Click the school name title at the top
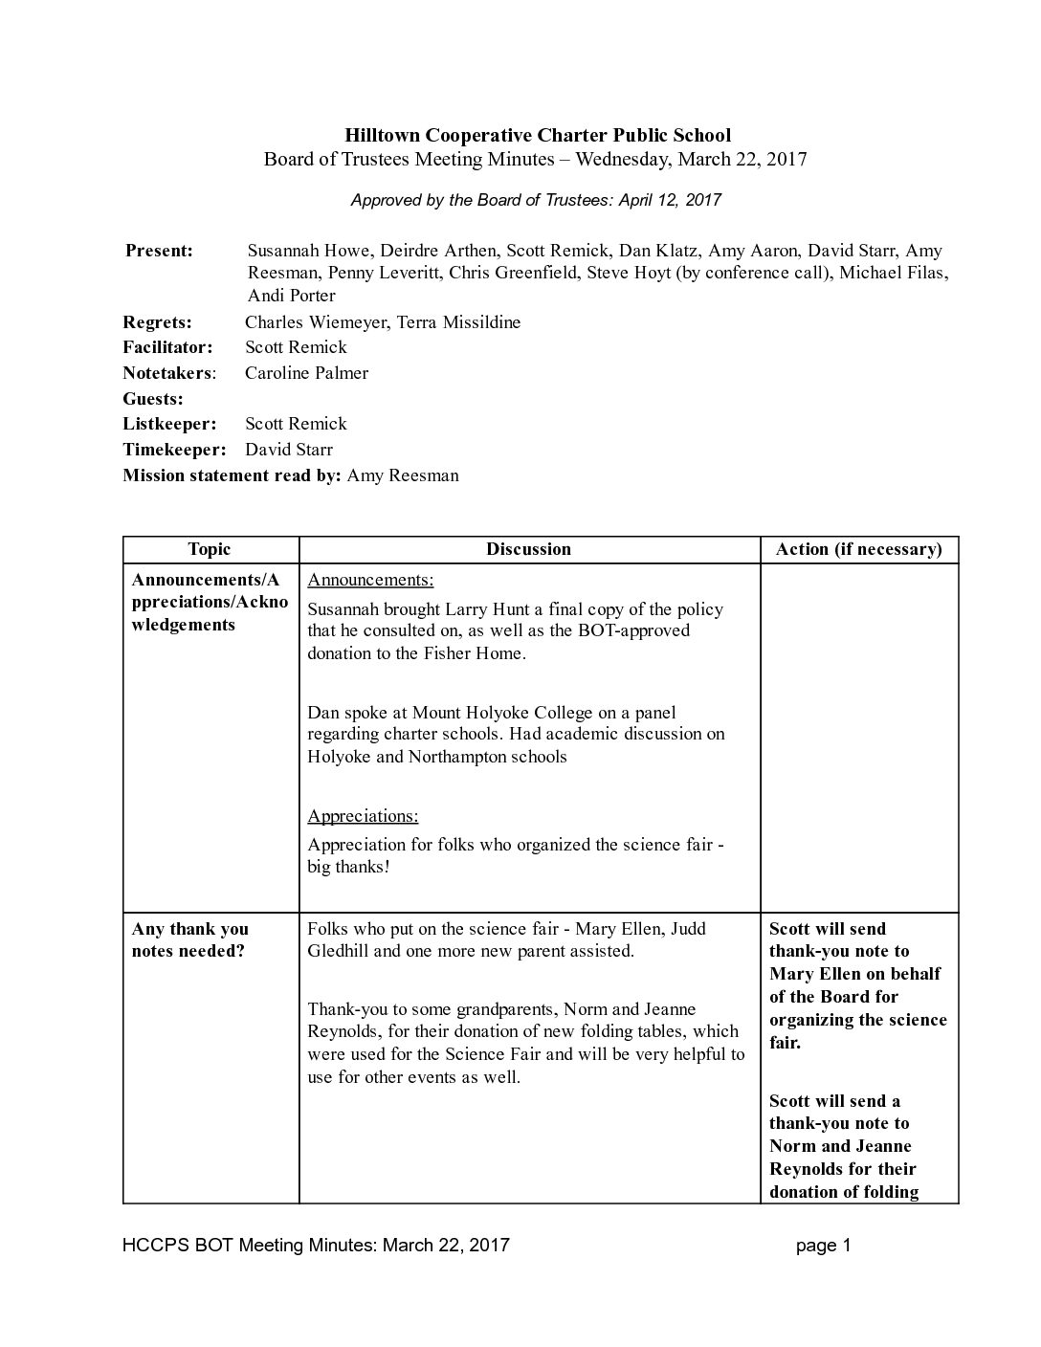[x=537, y=135]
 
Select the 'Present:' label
[x=159, y=251]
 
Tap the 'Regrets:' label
[x=157, y=322]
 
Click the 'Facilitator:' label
[x=167, y=347]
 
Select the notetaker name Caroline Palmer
[x=306, y=373]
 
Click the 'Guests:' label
[x=153, y=399]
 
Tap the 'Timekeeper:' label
[x=174, y=450]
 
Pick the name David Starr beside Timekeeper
[x=289, y=450]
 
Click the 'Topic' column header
[x=210, y=549]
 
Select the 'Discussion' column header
[x=528, y=549]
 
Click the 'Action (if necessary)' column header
[x=858, y=549]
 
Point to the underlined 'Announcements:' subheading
[x=370, y=580]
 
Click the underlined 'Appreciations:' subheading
[x=363, y=816]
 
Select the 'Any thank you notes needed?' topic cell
[x=189, y=939]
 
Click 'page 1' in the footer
[x=823, y=1245]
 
